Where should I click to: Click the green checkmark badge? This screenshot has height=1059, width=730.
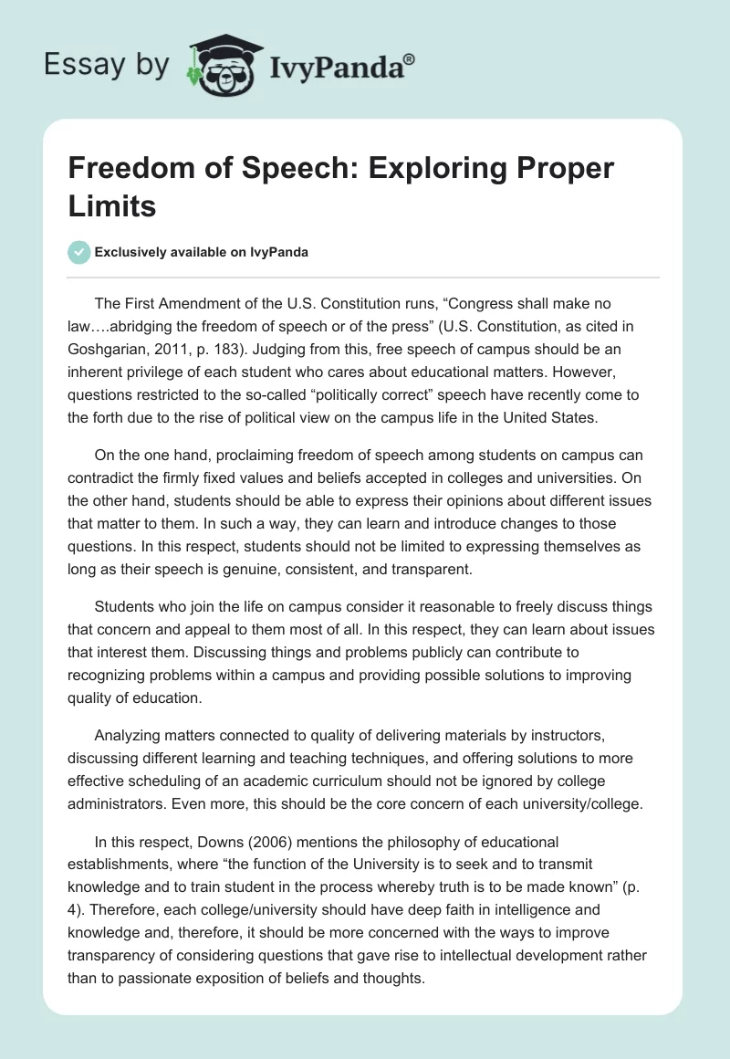(x=80, y=252)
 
